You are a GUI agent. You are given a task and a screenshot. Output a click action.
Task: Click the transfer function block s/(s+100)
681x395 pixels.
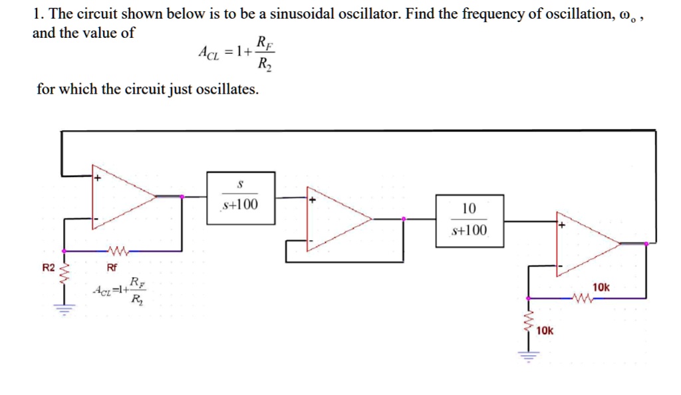[x=240, y=194]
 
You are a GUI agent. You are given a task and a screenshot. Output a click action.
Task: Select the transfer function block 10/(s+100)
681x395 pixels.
[x=469, y=220]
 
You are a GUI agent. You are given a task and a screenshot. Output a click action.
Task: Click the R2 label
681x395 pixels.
[x=48, y=268]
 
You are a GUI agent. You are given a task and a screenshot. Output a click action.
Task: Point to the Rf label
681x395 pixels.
[x=112, y=268]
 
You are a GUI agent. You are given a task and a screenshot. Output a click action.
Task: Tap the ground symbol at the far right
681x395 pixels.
[x=528, y=355]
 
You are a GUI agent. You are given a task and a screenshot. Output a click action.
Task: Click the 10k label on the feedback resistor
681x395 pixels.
[x=601, y=287]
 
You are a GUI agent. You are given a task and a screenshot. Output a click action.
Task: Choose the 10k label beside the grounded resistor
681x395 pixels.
[x=544, y=330]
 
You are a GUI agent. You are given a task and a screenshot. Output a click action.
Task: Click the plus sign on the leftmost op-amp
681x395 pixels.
[x=97, y=178]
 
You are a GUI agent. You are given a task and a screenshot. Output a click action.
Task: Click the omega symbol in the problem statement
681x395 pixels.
[x=624, y=15]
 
